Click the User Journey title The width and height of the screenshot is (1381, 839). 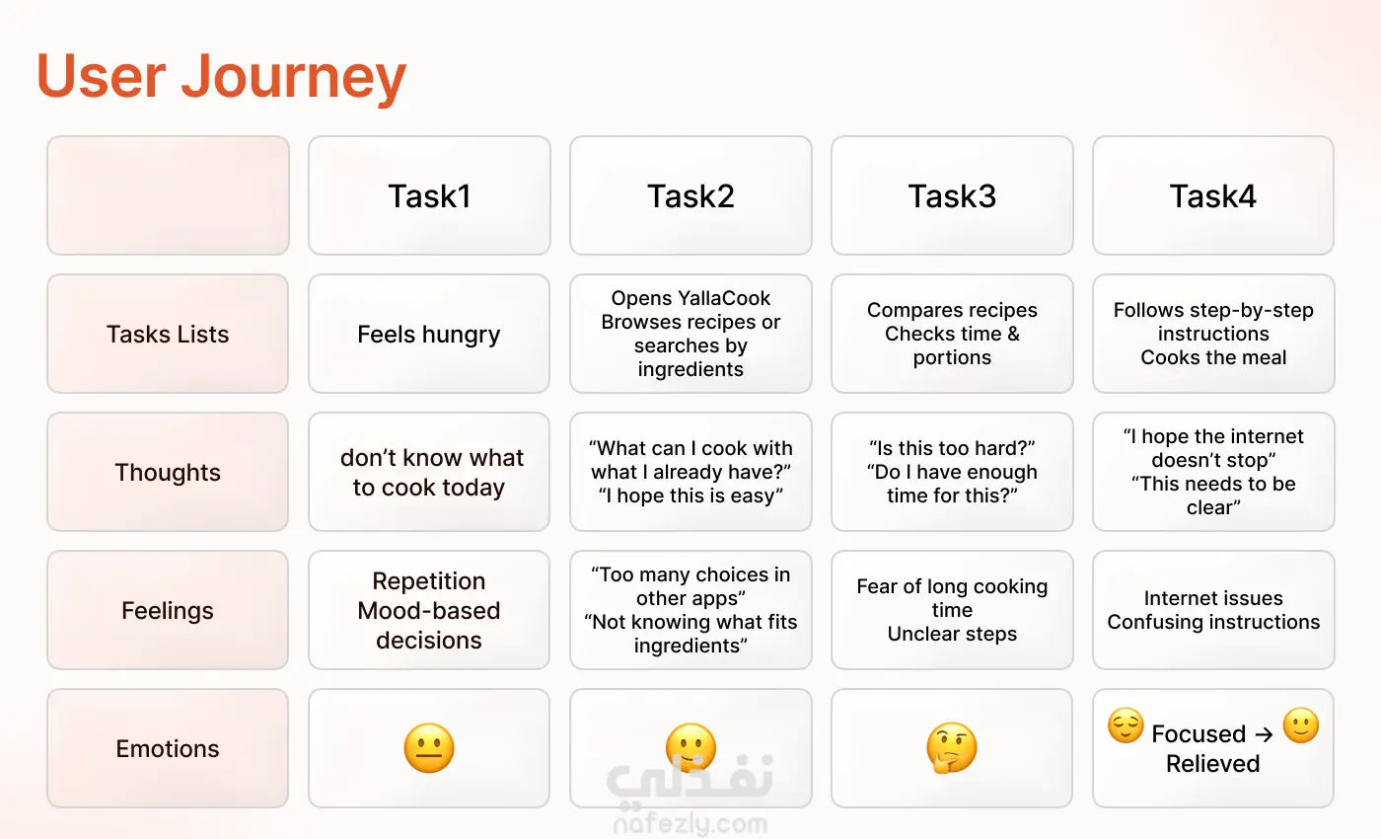click(x=221, y=76)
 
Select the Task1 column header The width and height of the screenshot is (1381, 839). click(x=429, y=196)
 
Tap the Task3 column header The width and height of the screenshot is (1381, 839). click(x=952, y=196)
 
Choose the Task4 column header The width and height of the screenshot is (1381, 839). click(x=1212, y=196)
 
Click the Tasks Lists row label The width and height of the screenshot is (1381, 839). click(x=168, y=334)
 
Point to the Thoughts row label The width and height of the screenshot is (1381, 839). click(x=168, y=473)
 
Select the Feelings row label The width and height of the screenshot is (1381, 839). click(x=168, y=611)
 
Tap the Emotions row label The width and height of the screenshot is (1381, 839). click(x=168, y=748)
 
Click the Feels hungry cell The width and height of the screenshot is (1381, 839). click(x=429, y=335)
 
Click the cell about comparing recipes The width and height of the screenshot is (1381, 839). click(x=952, y=334)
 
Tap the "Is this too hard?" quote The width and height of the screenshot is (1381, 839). click(x=952, y=448)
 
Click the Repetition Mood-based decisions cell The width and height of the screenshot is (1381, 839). click(x=429, y=611)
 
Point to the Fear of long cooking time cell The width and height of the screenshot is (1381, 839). click(x=952, y=610)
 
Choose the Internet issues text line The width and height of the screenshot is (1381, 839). click(x=1213, y=598)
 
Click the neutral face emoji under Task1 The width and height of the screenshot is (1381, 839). click(x=429, y=748)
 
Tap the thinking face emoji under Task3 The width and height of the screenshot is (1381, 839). click(x=952, y=748)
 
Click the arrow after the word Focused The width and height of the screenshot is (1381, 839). click(x=1264, y=734)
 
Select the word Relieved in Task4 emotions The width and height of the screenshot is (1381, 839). click(x=1212, y=764)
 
